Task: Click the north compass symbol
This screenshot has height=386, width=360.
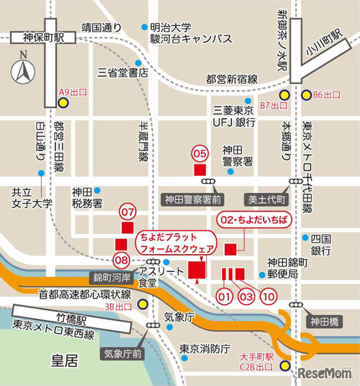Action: tap(23, 70)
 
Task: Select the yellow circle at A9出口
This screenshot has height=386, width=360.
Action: tap(64, 103)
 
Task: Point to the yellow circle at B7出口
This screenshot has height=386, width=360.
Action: tap(285, 94)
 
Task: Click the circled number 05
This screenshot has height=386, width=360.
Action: tap(200, 152)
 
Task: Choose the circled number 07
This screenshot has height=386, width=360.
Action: tap(128, 212)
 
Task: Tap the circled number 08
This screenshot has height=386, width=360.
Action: tap(121, 260)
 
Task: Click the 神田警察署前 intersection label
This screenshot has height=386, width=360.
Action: tap(193, 199)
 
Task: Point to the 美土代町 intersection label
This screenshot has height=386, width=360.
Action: tap(265, 199)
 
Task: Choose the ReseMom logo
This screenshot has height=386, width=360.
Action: tap(325, 373)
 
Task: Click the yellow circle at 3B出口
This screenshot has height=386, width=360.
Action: tap(143, 306)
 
